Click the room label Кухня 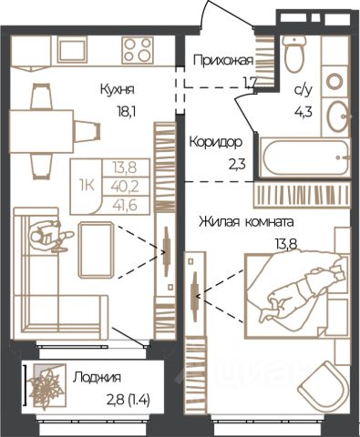(x=118, y=90)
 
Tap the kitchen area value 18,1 (x=126, y=112)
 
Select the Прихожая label (x=223, y=61)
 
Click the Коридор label (x=216, y=142)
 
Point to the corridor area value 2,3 (x=237, y=165)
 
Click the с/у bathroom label (x=303, y=90)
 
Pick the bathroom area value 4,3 (x=303, y=112)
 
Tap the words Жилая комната (x=246, y=222)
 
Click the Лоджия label (x=97, y=378)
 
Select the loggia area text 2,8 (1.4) (x=129, y=401)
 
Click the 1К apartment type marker (x=87, y=185)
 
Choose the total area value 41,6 (x=125, y=206)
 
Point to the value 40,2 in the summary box (x=125, y=186)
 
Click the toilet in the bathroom (x=293, y=54)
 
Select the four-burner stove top (x=138, y=50)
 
